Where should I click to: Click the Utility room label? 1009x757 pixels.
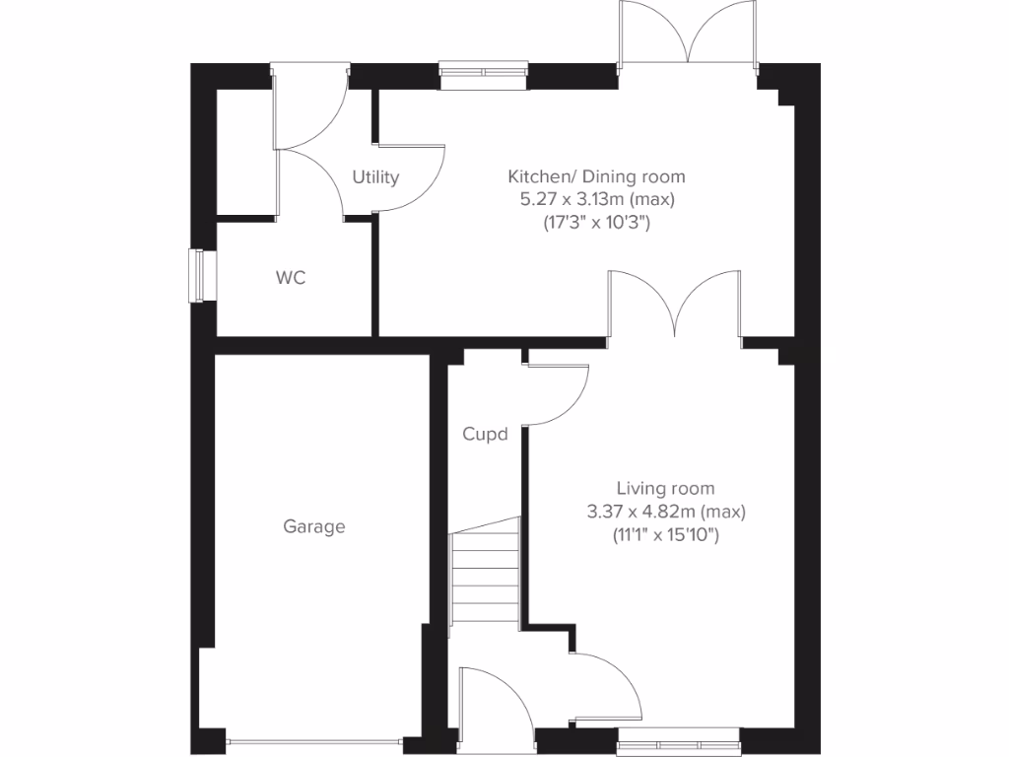[375, 177]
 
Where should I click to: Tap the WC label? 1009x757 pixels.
[291, 278]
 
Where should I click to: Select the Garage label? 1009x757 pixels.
[314, 526]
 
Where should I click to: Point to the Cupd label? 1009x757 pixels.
[485, 434]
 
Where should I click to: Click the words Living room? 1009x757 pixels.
[665, 488]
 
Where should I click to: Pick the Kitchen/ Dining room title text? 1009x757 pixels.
[596, 177]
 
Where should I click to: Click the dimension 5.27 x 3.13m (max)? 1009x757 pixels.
[596, 200]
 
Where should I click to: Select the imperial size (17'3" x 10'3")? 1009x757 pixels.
[596, 223]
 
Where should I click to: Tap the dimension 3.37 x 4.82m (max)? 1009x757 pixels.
[665, 512]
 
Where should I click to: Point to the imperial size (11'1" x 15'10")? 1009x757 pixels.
[665, 535]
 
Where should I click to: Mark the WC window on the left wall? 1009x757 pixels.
[200, 276]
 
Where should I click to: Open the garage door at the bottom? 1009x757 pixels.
[314, 741]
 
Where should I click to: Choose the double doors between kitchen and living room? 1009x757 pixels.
[675, 306]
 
